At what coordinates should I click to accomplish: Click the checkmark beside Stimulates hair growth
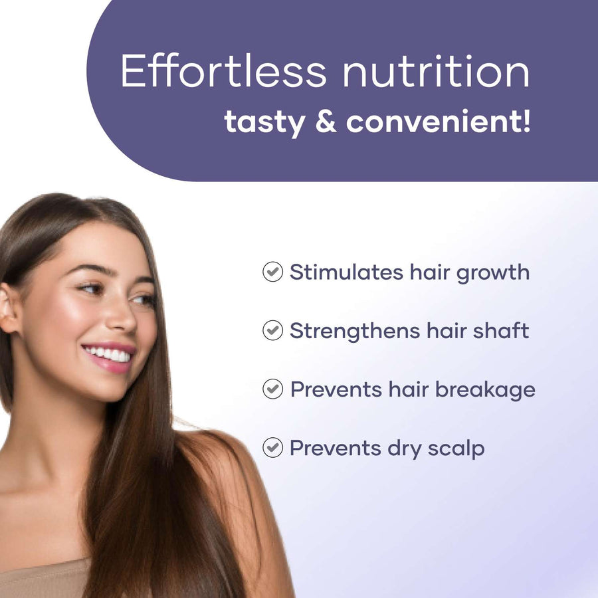(272, 272)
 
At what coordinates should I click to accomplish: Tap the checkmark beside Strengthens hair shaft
(272, 330)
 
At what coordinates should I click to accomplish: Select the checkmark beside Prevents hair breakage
(272, 389)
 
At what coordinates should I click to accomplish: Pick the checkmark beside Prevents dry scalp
(272, 448)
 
